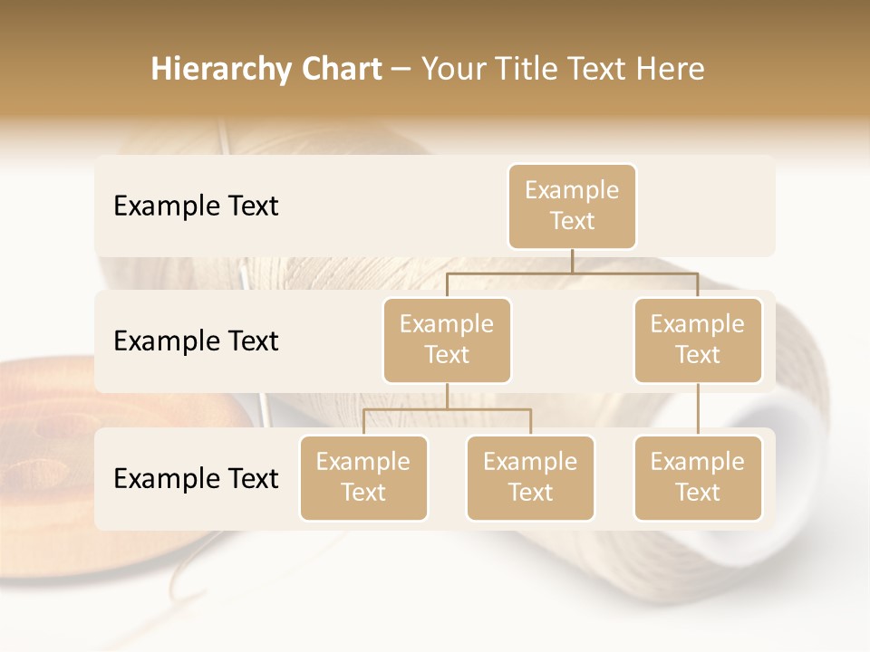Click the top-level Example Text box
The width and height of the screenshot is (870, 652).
point(572,206)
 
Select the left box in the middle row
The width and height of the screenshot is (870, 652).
point(447,340)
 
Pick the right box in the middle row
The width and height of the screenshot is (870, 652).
point(698,340)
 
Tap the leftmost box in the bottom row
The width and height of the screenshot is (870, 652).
point(363,477)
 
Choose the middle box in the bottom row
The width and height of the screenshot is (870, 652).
point(530,477)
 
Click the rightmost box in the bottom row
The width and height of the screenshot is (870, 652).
point(698,477)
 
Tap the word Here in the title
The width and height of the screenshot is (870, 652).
point(669,70)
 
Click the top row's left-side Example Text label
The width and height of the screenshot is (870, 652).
point(196,206)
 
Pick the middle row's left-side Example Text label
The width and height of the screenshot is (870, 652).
point(196,341)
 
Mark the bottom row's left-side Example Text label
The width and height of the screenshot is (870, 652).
point(196,478)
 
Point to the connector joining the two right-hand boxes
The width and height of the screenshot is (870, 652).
point(698,409)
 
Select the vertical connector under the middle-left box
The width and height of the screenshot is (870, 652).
point(447,396)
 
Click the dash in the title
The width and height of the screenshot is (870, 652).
point(401,70)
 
